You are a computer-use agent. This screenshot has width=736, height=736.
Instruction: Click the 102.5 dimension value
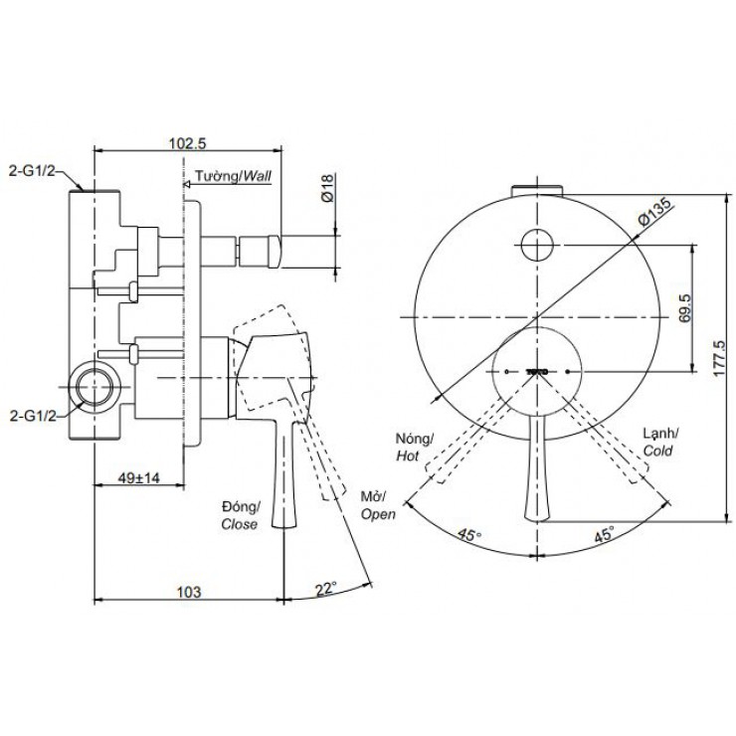pos(187,143)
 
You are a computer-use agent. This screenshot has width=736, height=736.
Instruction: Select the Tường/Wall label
pos(233,176)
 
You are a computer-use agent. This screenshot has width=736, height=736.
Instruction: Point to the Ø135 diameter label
pos(657,212)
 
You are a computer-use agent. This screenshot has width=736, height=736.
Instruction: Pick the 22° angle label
pos(326,588)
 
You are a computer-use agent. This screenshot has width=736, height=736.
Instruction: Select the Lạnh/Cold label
pos(658,441)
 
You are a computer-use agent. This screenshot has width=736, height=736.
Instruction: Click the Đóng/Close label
pos(241,514)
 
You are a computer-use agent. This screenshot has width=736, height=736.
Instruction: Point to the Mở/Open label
pos(378,505)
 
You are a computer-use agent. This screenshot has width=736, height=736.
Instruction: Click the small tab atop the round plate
pos(538,190)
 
